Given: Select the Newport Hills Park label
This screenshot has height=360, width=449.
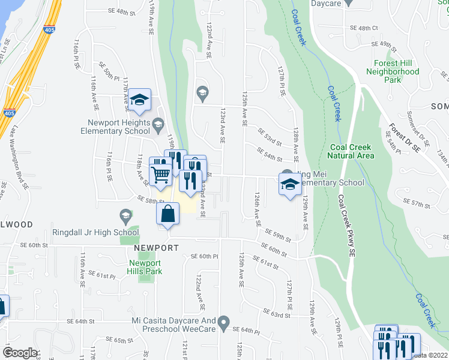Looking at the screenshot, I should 145,267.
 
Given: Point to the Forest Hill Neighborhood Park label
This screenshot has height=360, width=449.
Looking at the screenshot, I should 393,71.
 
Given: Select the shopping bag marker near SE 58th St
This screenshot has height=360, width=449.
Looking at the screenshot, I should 169,214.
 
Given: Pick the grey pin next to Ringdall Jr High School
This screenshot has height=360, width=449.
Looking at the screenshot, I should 125,215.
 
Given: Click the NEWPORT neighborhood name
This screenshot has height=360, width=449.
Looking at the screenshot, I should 156,248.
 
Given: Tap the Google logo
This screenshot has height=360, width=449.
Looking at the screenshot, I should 20,352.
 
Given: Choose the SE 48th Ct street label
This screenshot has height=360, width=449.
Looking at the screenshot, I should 364,28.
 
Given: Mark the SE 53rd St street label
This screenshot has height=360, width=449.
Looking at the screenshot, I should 270,136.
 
